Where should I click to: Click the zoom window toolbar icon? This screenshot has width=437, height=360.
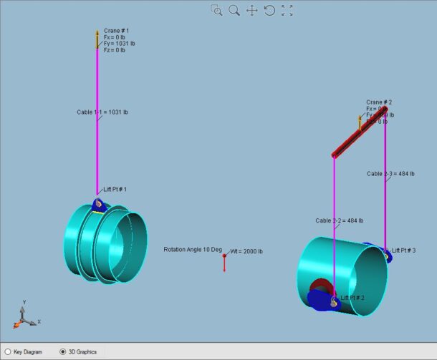pos(216,10)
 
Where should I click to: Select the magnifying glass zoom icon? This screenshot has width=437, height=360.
pos(234,10)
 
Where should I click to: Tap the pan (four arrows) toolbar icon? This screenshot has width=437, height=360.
pos(252,10)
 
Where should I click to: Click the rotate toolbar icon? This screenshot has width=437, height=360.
pos(269,10)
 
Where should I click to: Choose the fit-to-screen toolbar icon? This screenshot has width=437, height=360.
pos(287,10)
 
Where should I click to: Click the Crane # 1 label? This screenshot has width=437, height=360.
pos(117,31)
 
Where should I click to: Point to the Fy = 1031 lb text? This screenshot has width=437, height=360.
pos(119,44)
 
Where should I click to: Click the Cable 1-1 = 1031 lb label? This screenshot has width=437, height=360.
pos(102,112)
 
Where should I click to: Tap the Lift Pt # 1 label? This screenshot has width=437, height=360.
pos(115,189)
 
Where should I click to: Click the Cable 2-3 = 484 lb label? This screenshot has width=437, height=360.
pos(390,173)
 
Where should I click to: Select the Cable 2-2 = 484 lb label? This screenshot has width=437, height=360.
pos(339,220)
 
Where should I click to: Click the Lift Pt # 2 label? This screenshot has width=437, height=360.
pos(352,298)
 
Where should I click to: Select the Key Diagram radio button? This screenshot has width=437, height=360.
pos(8,351)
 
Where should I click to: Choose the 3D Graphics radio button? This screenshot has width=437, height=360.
pos(63,351)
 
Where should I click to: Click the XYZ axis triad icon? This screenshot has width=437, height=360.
pos(25,315)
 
